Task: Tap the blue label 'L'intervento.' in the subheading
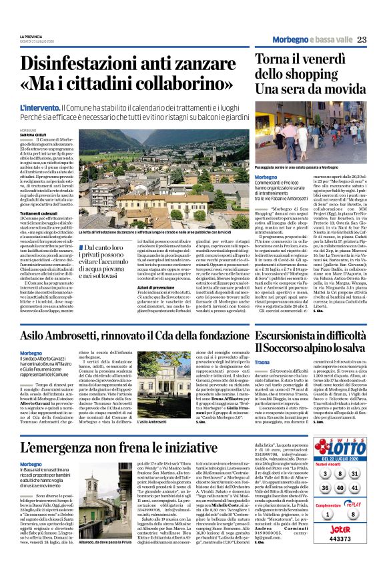point(39,107)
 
